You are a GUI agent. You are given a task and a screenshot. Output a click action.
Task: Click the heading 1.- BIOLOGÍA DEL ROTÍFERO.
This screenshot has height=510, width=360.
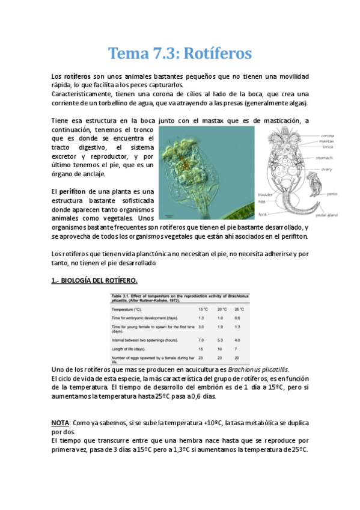click(94, 280)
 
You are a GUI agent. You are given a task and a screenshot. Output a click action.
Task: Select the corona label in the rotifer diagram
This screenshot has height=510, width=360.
click(328, 135)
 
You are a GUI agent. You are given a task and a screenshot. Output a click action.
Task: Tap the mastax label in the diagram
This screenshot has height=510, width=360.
click(328, 141)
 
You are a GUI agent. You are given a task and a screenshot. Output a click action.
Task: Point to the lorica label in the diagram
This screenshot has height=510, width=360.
click(327, 147)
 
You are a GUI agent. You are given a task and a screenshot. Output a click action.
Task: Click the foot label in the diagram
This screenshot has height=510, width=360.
click(262, 213)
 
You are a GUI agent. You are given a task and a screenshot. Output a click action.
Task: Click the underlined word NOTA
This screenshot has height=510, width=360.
click(59, 423)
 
